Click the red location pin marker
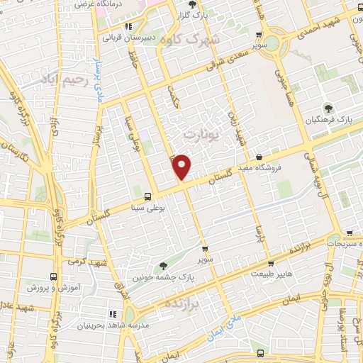[x=183, y=167]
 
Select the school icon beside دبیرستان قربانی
[x=128, y=26]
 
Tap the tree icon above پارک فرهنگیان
[x=328, y=108]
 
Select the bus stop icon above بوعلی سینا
[x=147, y=196]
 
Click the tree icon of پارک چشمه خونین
[x=164, y=266]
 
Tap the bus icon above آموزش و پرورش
[x=54, y=277]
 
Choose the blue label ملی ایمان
[x=228, y=328]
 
